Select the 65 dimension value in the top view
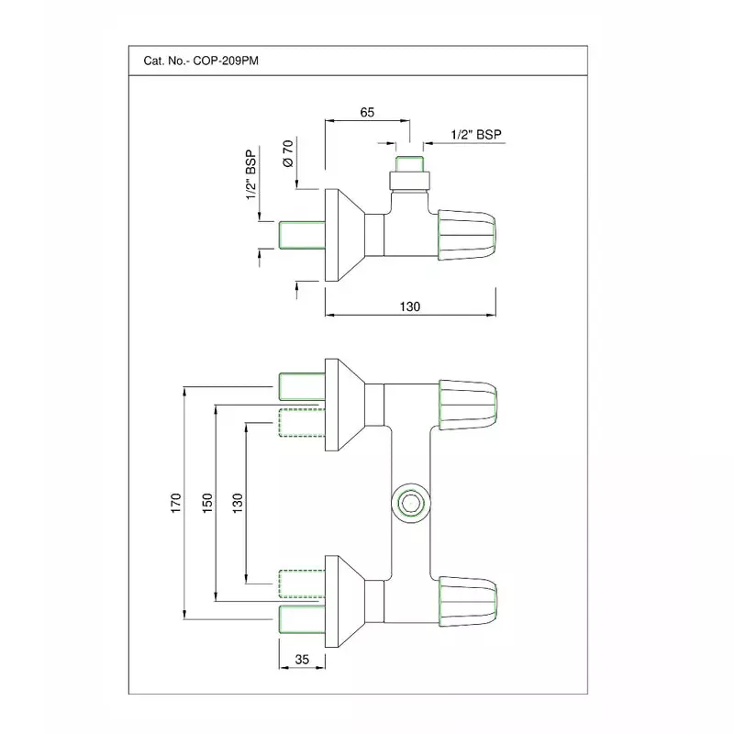[x=367, y=113]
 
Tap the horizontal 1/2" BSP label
[x=477, y=134]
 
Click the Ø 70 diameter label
[x=288, y=151]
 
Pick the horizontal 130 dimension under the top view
[x=410, y=307]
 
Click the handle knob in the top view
[x=468, y=235]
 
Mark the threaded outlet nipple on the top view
[x=408, y=172]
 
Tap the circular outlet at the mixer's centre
[x=408, y=502]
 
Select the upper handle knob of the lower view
[x=468, y=404]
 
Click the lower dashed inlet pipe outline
[x=299, y=581]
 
